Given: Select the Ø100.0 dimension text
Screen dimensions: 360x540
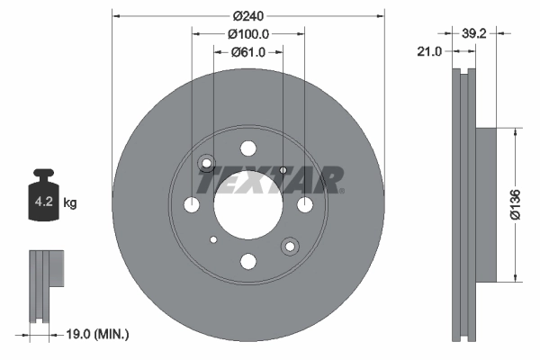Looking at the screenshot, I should pos(247,34).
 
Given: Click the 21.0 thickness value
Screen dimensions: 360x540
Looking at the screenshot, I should pos(429,51).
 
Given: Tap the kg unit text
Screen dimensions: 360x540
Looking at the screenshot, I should pos(70,203).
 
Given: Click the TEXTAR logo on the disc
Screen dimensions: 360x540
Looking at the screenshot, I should pos(270,180).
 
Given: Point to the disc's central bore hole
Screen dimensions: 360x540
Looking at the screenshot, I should pos(248,204).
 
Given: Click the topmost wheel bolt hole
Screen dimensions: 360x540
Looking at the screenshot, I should pos(248,148).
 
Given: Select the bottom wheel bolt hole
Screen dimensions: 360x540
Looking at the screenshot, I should pos(248,262).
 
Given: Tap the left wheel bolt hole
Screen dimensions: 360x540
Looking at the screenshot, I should pos(192,205).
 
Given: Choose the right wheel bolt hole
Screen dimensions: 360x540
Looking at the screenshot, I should pos(305,205).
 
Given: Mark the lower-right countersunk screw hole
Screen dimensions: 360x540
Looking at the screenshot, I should pos(290,246).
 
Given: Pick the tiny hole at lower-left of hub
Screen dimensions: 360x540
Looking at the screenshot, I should pos(213,239).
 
